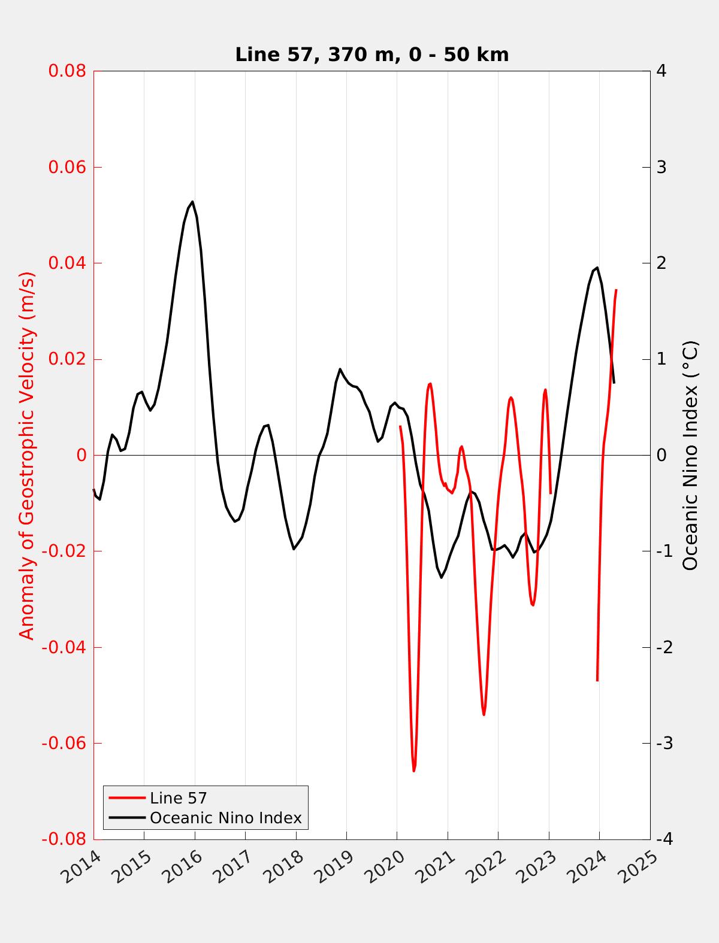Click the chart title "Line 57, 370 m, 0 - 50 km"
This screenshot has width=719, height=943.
(x=371, y=54)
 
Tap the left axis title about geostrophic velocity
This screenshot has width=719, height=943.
(x=28, y=455)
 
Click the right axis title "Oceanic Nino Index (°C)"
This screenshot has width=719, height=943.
(x=690, y=455)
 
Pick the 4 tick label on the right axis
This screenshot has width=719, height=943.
(x=661, y=71)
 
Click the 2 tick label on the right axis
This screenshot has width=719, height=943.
(x=661, y=263)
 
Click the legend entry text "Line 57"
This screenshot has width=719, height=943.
(x=178, y=798)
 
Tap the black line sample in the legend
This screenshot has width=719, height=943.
(x=127, y=818)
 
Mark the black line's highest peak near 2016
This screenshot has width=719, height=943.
(x=192, y=202)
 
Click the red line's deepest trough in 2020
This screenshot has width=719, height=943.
(x=414, y=771)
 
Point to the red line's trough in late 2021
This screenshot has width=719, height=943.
(x=484, y=714)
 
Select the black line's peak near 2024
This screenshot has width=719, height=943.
(x=597, y=268)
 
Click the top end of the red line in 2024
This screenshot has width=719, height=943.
(x=616, y=290)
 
